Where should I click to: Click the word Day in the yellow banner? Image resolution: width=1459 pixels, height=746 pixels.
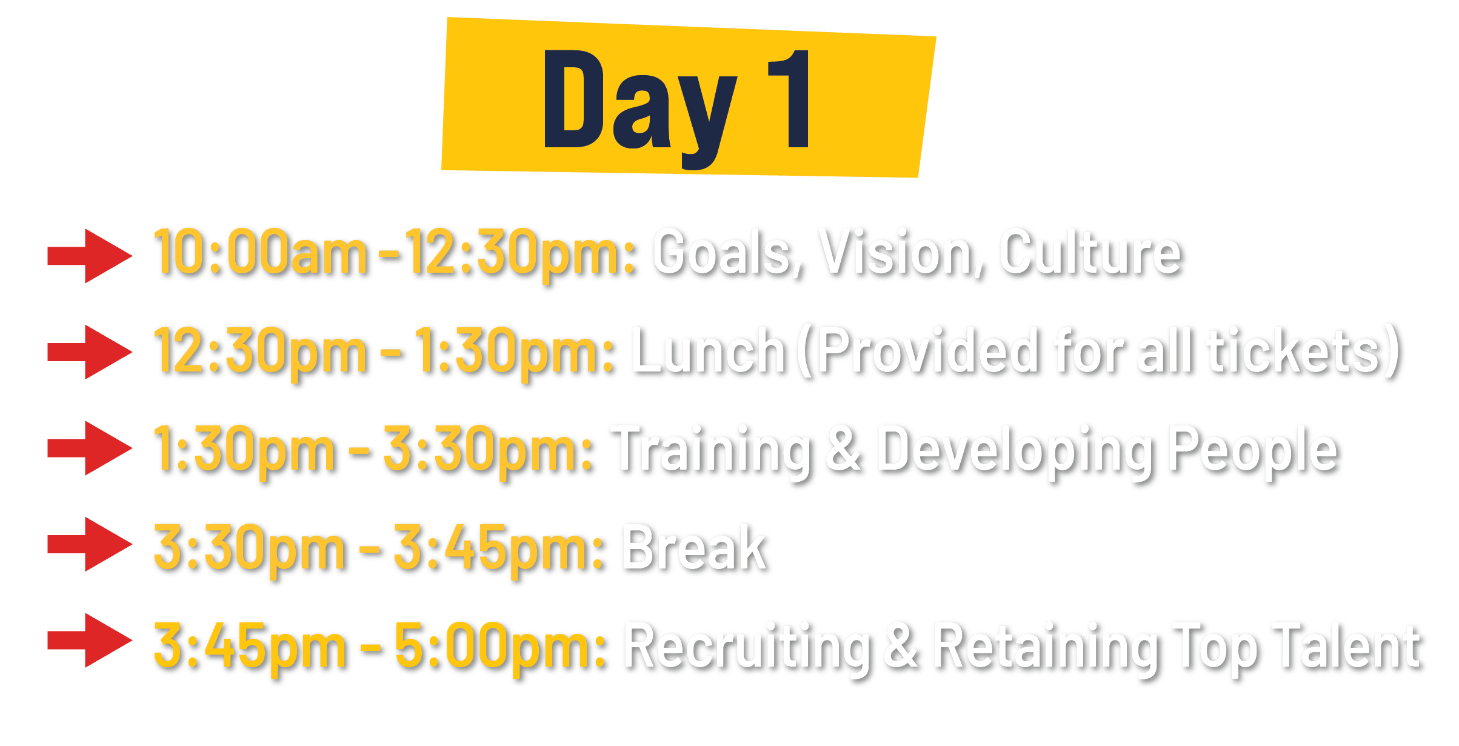point(639,109)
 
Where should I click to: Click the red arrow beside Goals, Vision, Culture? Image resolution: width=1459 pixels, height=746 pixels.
point(90,256)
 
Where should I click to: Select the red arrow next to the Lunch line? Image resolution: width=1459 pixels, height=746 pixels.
point(90,352)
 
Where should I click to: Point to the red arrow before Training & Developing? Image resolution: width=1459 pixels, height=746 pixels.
point(90,448)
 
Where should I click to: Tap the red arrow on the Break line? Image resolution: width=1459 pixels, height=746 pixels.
point(90,544)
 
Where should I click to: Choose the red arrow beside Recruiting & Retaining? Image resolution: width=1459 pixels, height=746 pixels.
point(90,641)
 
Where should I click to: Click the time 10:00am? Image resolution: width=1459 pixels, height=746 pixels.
point(261,252)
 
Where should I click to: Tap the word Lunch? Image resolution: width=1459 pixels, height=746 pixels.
point(709,351)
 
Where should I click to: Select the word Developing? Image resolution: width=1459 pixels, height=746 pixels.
point(1016,451)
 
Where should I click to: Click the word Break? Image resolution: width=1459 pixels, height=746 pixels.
point(695,548)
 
